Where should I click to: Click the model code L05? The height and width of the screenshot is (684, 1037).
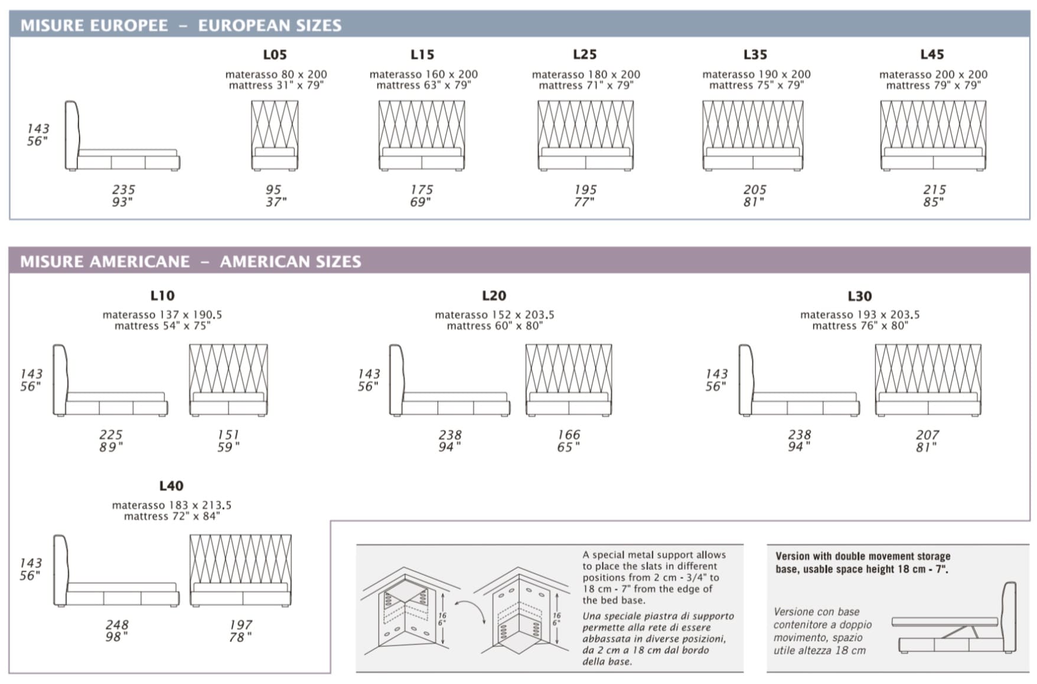[x=275, y=54]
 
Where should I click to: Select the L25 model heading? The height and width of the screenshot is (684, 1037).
[x=585, y=54]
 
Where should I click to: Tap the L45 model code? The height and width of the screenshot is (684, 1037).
[x=932, y=54]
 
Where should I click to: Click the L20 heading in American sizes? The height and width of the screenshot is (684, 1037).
[x=494, y=295]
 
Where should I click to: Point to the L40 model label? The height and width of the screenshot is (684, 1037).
[x=171, y=486]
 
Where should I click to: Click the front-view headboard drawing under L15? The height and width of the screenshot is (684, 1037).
[x=422, y=135]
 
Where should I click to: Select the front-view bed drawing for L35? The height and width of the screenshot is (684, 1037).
[x=753, y=135]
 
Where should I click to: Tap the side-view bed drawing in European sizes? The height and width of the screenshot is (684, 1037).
[x=122, y=136]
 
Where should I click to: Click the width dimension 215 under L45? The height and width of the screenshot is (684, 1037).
[x=934, y=190]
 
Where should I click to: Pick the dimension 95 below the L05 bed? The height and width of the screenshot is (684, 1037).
[x=273, y=190]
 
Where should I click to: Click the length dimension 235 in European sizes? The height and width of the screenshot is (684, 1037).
[x=123, y=190]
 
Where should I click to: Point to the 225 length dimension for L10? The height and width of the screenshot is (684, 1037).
[x=111, y=435]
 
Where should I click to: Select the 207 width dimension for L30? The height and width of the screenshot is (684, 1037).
[x=928, y=435]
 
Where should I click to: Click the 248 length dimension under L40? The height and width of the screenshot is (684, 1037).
[x=117, y=624]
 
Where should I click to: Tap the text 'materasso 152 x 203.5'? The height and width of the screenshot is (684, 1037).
[x=494, y=315]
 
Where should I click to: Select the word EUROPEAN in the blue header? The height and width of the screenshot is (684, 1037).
[x=243, y=25]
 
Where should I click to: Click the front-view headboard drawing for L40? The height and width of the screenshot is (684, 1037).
[x=240, y=570]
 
